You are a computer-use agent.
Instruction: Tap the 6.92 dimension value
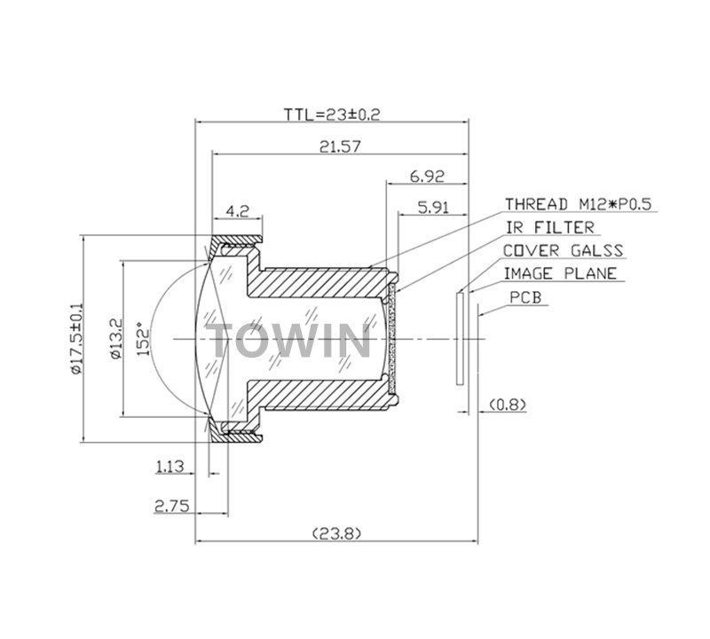(x=427, y=177)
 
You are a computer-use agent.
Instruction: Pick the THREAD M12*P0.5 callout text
(x=578, y=204)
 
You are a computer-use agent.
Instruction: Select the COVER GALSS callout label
(x=563, y=251)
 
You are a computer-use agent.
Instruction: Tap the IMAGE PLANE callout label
(x=559, y=274)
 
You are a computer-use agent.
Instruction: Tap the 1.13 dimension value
(x=170, y=464)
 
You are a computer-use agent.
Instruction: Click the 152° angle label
(x=144, y=338)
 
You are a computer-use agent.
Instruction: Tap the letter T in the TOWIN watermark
(x=225, y=341)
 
